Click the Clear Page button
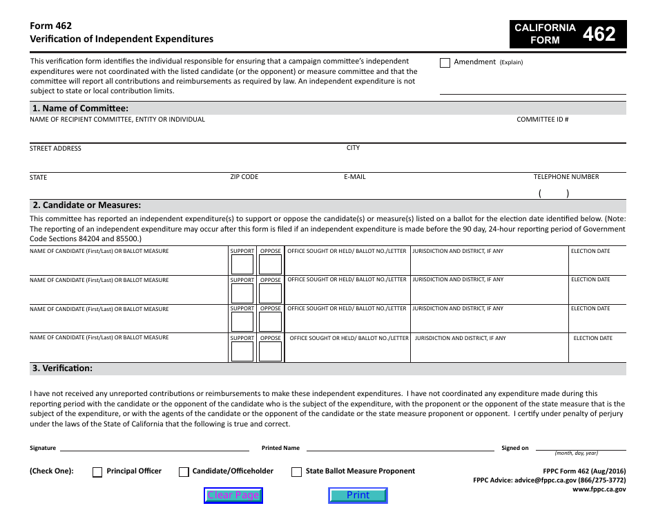coord(233,495)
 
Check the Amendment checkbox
coord(445,62)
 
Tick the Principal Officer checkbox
coord(97,472)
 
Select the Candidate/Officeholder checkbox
coord(184,472)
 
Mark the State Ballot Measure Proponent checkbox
coord(296,472)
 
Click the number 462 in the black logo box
coord(599,34)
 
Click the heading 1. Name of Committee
coord(80,109)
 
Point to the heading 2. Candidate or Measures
coord(86,205)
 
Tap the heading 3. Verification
coord(62,368)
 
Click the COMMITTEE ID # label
coord(542,120)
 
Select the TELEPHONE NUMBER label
coord(566,177)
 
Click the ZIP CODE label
coord(244,177)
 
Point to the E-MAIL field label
coord(354,177)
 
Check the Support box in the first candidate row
coord(242,265)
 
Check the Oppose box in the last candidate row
coord(270,352)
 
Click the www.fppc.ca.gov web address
coord(599,489)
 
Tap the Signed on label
coord(514,448)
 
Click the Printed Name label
coord(280,448)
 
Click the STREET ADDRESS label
coord(55,149)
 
